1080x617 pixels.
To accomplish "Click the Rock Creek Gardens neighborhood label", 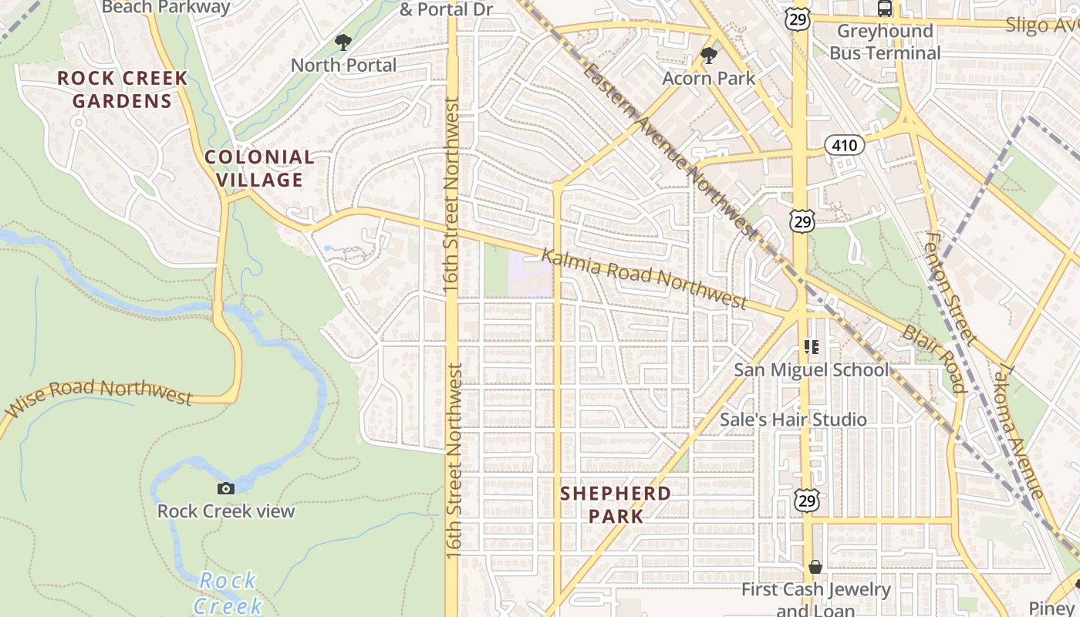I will coord(123,89).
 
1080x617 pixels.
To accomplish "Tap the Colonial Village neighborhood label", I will coord(259,169).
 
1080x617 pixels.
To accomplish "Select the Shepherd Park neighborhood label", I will coord(616,504).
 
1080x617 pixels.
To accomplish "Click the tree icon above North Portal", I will coord(343,42).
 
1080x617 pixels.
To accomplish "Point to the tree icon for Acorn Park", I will coord(708,56).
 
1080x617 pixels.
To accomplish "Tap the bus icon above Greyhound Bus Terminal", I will coord(885,8).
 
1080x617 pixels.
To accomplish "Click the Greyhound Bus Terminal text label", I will coord(885,42).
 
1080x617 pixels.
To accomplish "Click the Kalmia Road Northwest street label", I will coord(643,278).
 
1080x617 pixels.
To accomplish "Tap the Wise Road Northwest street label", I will coord(99,396).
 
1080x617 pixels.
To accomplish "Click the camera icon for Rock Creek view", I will coord(226,488).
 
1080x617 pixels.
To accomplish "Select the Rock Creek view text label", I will coord(226,511).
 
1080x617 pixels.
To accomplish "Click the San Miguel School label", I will coord(811,370).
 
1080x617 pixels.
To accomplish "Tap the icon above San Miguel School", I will coord(811,347).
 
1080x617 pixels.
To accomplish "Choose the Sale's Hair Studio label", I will coord(793,420).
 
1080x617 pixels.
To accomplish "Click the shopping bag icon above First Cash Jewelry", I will coord(815,568).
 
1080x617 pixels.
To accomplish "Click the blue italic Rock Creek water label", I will coord(227,593).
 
